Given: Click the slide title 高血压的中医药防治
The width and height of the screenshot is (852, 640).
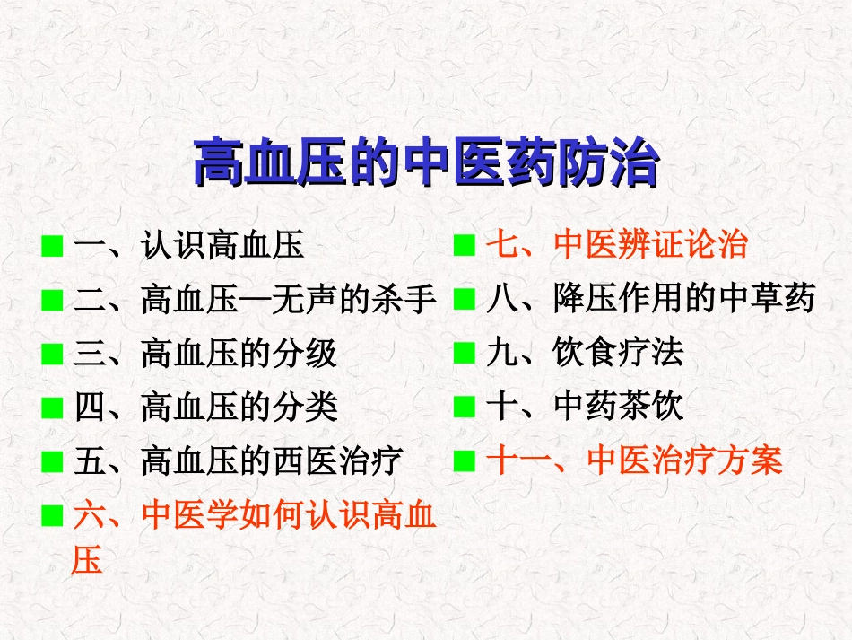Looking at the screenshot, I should pos(426,162).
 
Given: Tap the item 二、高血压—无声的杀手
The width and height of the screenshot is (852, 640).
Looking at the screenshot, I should pos(255,299).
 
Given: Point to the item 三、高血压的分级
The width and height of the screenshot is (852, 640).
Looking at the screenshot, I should pos(205,354).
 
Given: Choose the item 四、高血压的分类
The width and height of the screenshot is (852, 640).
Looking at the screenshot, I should pos(205,408).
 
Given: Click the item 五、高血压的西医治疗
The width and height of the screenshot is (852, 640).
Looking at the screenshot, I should pos(239,461).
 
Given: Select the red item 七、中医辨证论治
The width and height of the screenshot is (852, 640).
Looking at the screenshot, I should pos(616,245).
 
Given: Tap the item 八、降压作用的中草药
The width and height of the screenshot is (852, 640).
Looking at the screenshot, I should pos(650,299).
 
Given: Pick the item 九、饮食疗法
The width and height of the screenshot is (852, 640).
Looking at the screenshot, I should pos(584,354).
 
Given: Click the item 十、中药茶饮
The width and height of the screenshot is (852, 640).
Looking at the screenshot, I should pos(584,408).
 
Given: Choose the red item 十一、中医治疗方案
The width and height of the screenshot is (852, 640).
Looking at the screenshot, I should pos(634,461).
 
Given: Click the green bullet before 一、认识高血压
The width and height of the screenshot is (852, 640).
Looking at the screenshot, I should pos(52,246).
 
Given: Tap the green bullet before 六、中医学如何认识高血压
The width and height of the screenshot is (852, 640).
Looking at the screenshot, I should pos(52,516).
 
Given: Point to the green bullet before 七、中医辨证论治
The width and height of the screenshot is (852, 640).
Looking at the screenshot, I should pos(464,246).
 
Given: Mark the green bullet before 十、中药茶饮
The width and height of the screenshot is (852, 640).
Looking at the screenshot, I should pos(464,408).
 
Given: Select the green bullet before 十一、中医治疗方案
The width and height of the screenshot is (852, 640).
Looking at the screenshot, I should pos(464,462).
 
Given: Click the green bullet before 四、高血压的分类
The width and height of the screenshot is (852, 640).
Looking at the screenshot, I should pos(52,408).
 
